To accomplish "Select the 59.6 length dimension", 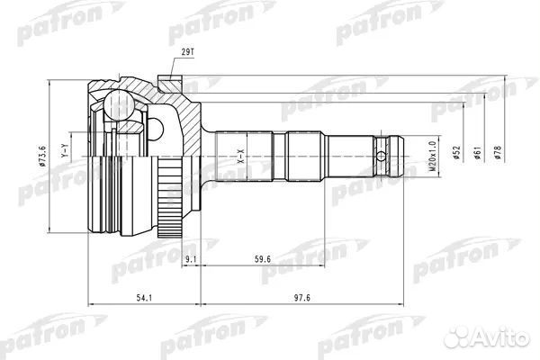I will click(262, 260).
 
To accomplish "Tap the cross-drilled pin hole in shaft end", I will click(384, 160).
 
